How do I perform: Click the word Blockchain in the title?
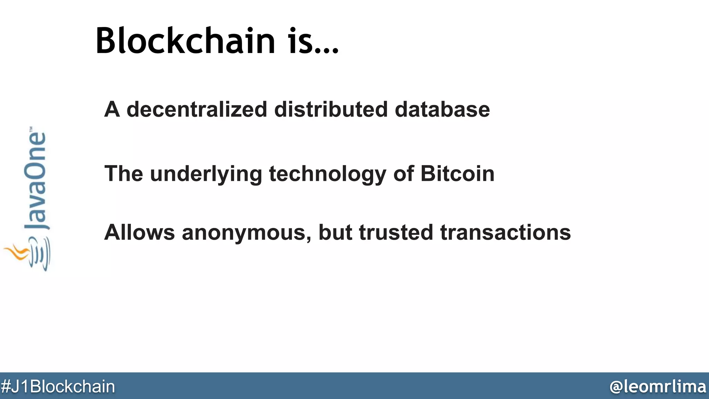185,41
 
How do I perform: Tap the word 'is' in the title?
299,41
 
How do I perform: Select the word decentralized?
197,109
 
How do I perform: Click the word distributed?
331,109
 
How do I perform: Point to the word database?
442,109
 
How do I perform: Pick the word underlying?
206,174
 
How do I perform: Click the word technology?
327,174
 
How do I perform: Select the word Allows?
139,232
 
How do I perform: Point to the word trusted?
396,232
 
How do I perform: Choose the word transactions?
505,232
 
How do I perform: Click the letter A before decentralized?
112,109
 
